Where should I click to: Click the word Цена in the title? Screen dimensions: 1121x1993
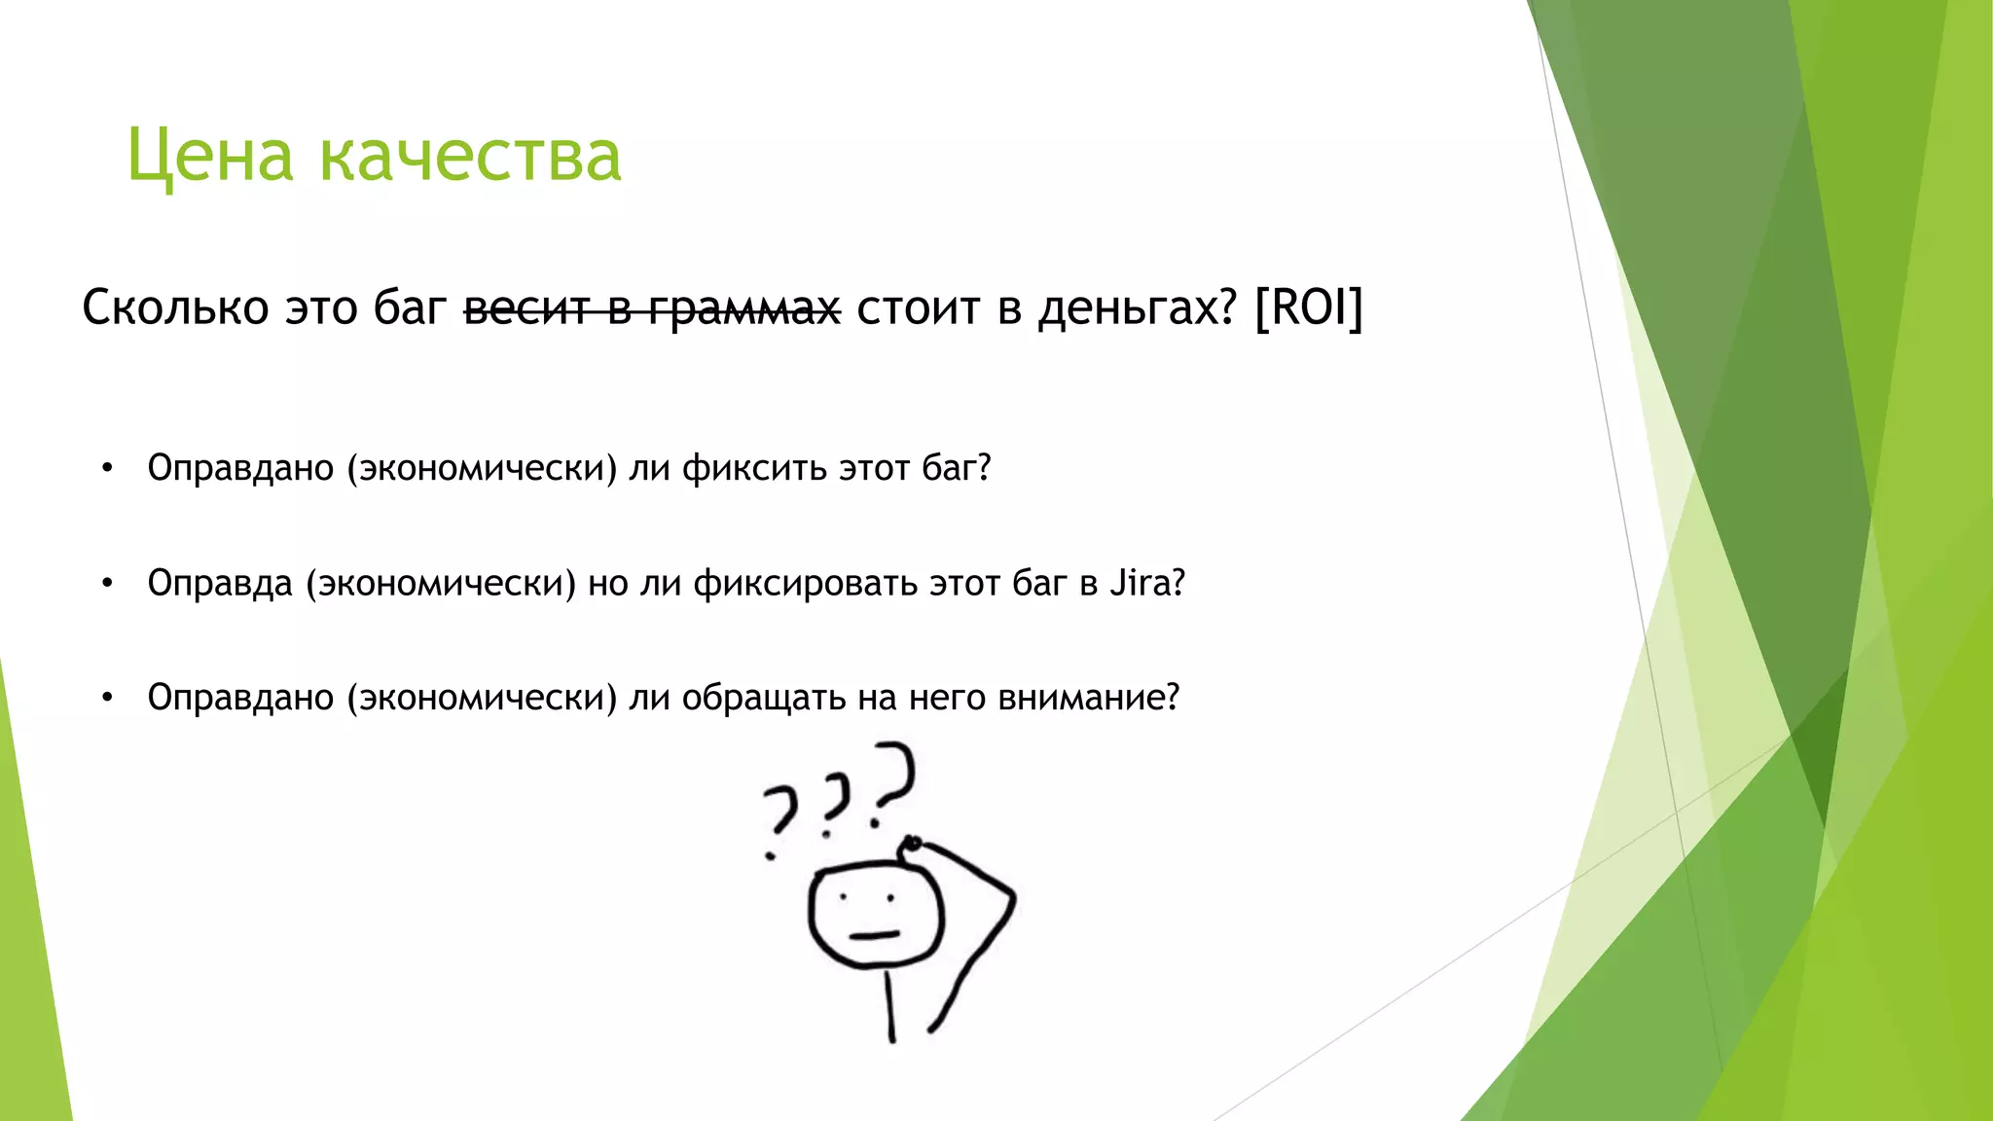pyautogui.click(x=209, y=156)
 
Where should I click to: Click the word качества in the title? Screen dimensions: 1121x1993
pyautogui.click(x=470, y=156)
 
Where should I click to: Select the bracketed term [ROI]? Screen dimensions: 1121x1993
pyautogui.click(x=1309, y=307)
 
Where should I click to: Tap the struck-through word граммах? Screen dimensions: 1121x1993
pyautogui.click(x=744, y=309)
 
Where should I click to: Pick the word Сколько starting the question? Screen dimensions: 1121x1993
pyautogui.click(x=175, y=307)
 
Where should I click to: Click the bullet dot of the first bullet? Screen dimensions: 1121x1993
pyautogui.click(x=107, y=469)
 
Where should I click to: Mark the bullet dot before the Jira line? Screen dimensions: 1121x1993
pyautogui.click(x=107, y=584)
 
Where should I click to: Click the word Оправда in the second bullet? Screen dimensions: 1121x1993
pyautogui.click(x=220, y=583)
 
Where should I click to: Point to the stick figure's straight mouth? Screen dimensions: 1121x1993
pyautogui.click(x=873, y=935)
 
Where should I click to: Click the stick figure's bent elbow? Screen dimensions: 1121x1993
pyautogui.click(x=1012, y=893)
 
